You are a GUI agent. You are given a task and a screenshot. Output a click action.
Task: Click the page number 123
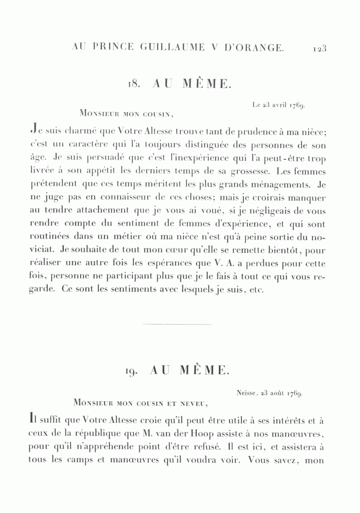pyautogui.click(x=320, y=48)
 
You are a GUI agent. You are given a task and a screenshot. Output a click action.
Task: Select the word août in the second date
pyautogui.click(x=277, y=393)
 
